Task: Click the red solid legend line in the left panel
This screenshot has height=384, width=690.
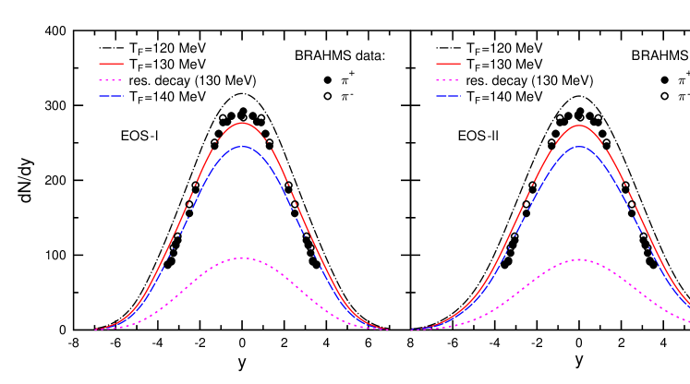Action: click(111, 64)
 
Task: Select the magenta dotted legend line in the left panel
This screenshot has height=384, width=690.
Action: click(111, 80)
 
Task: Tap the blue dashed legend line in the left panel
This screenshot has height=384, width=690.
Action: click(111, 96)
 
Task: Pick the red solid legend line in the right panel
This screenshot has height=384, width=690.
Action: click(448, 64)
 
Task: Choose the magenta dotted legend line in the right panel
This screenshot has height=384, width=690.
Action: click(448, 80)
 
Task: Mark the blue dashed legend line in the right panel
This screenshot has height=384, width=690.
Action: click(448, 96)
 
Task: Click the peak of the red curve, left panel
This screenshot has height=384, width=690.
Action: click(242, 122)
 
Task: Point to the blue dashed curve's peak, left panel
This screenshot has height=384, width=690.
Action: click(242, 146)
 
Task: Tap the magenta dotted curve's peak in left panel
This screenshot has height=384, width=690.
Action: click(242, 258)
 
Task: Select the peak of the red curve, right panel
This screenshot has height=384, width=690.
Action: click(579, 125)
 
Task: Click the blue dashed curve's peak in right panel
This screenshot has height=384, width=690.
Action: click(579, 146)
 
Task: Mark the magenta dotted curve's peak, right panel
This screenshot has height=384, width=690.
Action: click(579, 259)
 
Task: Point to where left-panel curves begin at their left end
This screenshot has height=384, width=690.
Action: click(95, 330)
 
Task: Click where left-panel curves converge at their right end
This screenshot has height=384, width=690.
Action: click(389, 330)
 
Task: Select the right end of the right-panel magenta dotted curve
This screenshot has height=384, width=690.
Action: click(688, 320)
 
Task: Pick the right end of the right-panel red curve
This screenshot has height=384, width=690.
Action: click(688, 306)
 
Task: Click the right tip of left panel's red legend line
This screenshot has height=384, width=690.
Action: click(123, 64)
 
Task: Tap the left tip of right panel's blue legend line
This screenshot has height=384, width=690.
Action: click(436, 96)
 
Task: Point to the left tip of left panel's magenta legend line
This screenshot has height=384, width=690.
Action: click(100, 80)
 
